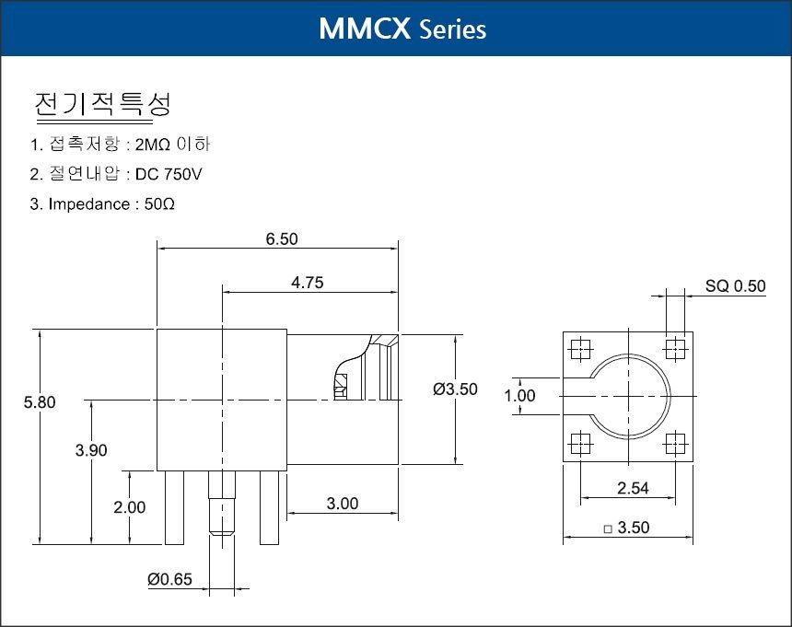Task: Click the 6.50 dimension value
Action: click(x=282, y=238)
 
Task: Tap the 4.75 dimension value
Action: click(x=307, y=283)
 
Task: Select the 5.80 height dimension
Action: click(x=40, y=402)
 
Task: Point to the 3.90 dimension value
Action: click(x=91, y=450)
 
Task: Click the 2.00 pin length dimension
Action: click(x=129, y=507)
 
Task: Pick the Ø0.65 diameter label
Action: click(x=169, y=579)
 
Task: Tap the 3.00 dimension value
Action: click(x=343, y=504)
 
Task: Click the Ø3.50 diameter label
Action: click(x=455, y=389)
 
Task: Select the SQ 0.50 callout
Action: click(x=736, y=286)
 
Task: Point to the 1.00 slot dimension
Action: click(x=519, y=396)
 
